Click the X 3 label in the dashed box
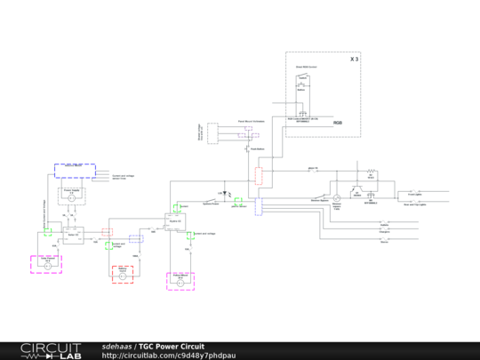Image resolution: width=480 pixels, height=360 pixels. point(354,59)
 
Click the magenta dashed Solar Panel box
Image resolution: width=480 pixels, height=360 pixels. point(45,264)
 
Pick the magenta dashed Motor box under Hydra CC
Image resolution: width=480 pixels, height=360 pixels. point(180,281)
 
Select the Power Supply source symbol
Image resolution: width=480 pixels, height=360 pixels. point(71,198)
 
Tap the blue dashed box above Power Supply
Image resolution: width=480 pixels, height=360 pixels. point(74,171)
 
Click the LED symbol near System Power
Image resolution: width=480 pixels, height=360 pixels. point(227,196)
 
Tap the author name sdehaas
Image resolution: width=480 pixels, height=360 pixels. point(116,346)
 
